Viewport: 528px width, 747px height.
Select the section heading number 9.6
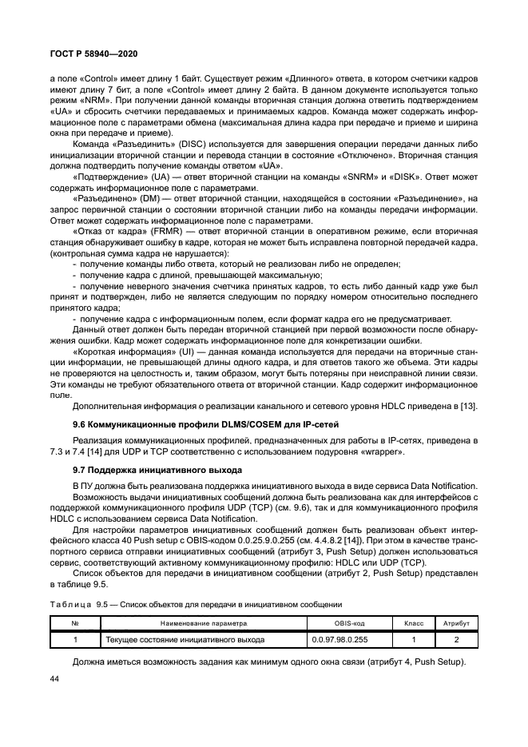pos(81,423)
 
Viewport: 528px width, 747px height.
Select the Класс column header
pos(413,622)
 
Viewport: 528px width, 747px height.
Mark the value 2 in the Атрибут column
pos(456,639)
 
